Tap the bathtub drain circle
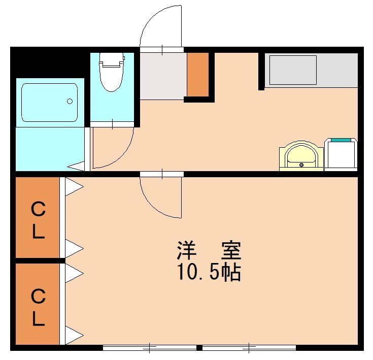(x=70, y=101)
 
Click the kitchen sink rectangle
(x=293, y=70)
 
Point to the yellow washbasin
(x=301, y=155)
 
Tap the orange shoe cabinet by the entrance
(x=198, y=74)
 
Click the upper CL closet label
(x=38, y=220)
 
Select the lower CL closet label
(x=38, y=307)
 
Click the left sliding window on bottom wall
(x=150, y=348)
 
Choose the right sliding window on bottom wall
(x=249, y=348)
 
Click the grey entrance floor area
(x=162, y=76)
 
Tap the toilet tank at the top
(x=112, y=60)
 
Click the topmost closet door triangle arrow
(x=74, y=186)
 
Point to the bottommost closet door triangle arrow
(x=74, y=335)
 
